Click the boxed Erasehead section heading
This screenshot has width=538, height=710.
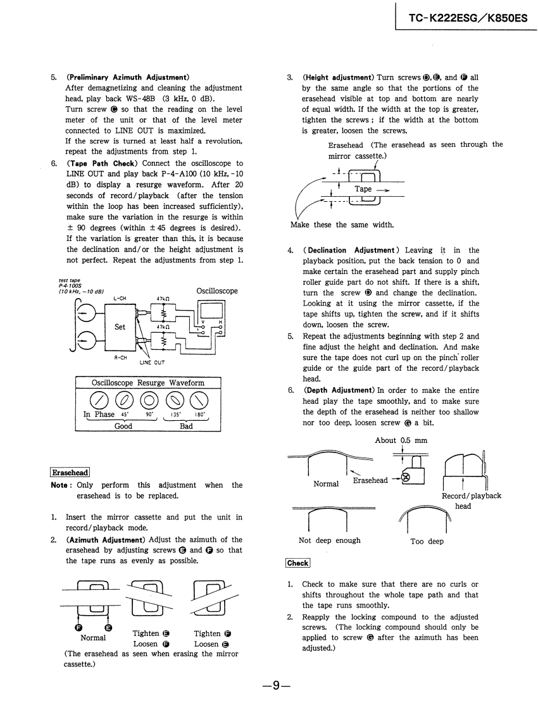point(70,472)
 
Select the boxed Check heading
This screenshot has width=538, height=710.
point(297,563)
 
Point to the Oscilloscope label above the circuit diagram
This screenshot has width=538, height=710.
point(217,291)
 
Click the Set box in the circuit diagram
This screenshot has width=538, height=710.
point(120,327)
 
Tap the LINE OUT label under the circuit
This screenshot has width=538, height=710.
point(152,363)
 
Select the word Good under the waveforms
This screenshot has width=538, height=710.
point(123,427)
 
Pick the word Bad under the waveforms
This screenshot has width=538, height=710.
point(186,427)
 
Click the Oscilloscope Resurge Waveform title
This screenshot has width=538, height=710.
point(148,383)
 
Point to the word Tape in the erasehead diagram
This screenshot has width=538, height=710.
point(363,189)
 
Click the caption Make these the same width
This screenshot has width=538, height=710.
point(342,225)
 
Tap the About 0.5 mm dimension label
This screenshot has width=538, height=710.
point(401,440)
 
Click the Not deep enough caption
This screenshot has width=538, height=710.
point(329,540)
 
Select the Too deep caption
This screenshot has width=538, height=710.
point(427,541)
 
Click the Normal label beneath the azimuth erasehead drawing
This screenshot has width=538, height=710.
point(93,638)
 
